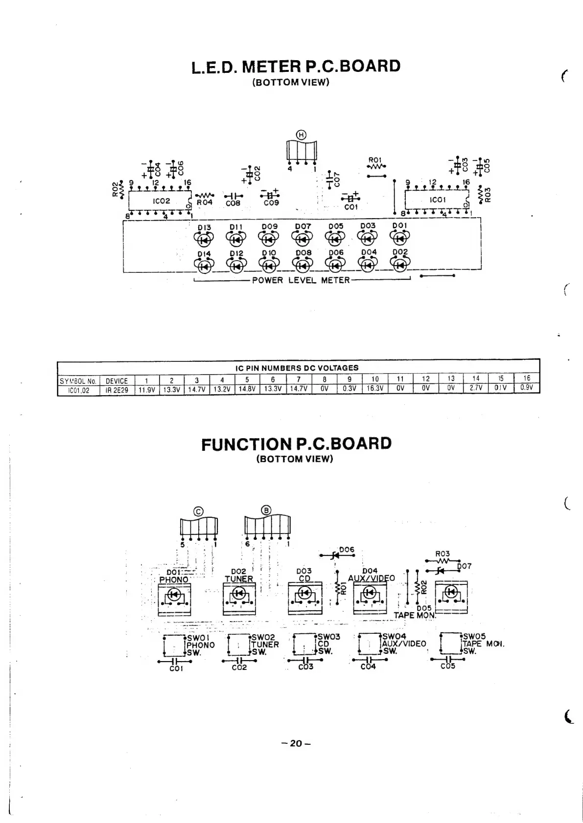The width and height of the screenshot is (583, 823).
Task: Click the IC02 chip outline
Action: tap(160, 201)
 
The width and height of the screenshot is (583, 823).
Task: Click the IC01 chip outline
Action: tap(437, 200)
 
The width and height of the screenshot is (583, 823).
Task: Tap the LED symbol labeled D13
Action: tap(205, 239)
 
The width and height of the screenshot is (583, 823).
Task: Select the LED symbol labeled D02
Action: tap(400, 265)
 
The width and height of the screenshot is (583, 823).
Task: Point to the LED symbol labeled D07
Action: tap(303, 239)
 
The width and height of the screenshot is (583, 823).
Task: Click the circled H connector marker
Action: tap(302, 135)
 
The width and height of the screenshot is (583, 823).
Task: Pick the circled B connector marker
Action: tap(267, 510)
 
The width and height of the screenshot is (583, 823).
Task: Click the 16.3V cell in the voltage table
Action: tap(375, 388)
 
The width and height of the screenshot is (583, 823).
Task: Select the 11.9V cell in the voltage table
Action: tap(146, 389)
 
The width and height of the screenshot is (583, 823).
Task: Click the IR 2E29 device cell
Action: tap(117, 389)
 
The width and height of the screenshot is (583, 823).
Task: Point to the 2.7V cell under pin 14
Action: tap(476, 388)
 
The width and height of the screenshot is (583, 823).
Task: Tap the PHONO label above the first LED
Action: tap(174, 579)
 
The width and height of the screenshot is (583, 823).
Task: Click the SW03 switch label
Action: tap(328, 637)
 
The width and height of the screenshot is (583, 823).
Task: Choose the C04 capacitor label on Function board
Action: tap(368, 667)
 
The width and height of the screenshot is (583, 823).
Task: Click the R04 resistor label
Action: tap(204, 202)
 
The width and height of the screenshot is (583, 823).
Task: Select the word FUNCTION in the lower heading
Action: tap(246, 445)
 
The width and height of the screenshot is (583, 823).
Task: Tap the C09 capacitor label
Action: tap(271, 203)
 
